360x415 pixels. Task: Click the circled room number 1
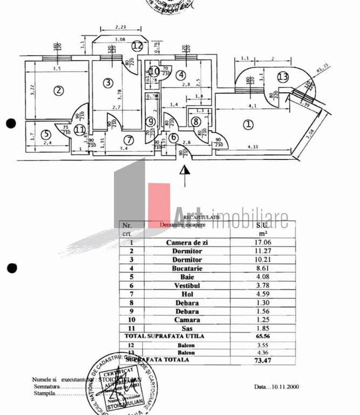coord(248,124)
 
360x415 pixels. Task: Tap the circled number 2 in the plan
coord(58,91)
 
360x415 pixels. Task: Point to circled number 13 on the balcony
coord(283,77)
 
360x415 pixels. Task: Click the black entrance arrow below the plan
coord(185,170)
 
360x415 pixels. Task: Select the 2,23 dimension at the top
coord(120,28)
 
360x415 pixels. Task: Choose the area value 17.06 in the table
coord(263,243)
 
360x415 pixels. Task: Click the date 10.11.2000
coord(286,386)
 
